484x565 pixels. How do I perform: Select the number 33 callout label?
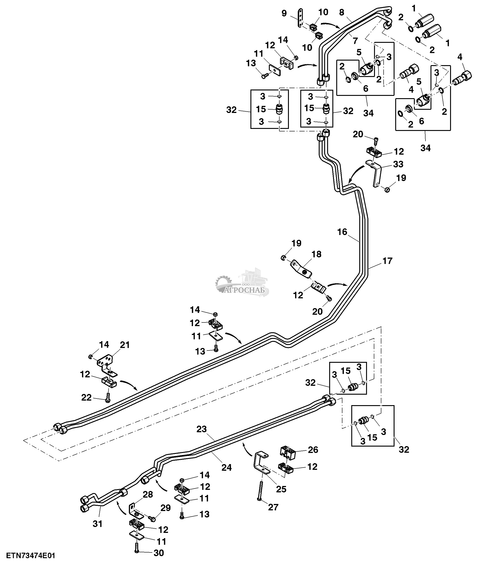coord(398,164)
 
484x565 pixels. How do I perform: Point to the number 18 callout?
coord(316,254)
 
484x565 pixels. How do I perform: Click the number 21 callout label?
coord(125,345)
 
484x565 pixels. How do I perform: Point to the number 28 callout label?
coord(148,494)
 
